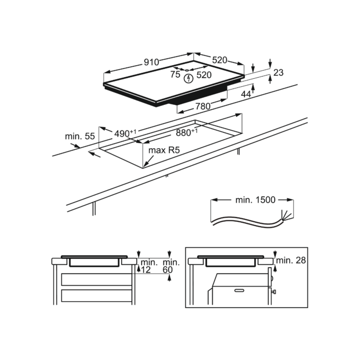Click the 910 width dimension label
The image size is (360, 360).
point(151,62)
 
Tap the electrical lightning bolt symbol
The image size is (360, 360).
point(188,78)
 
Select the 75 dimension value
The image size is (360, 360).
point(175,75)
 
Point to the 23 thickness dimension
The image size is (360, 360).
point(278,73)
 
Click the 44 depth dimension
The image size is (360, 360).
point(246,94)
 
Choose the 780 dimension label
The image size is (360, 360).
point(203,106)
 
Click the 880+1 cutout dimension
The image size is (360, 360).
point(187,132)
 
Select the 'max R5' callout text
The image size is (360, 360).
point(164,150)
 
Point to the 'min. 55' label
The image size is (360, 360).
point(79,137)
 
